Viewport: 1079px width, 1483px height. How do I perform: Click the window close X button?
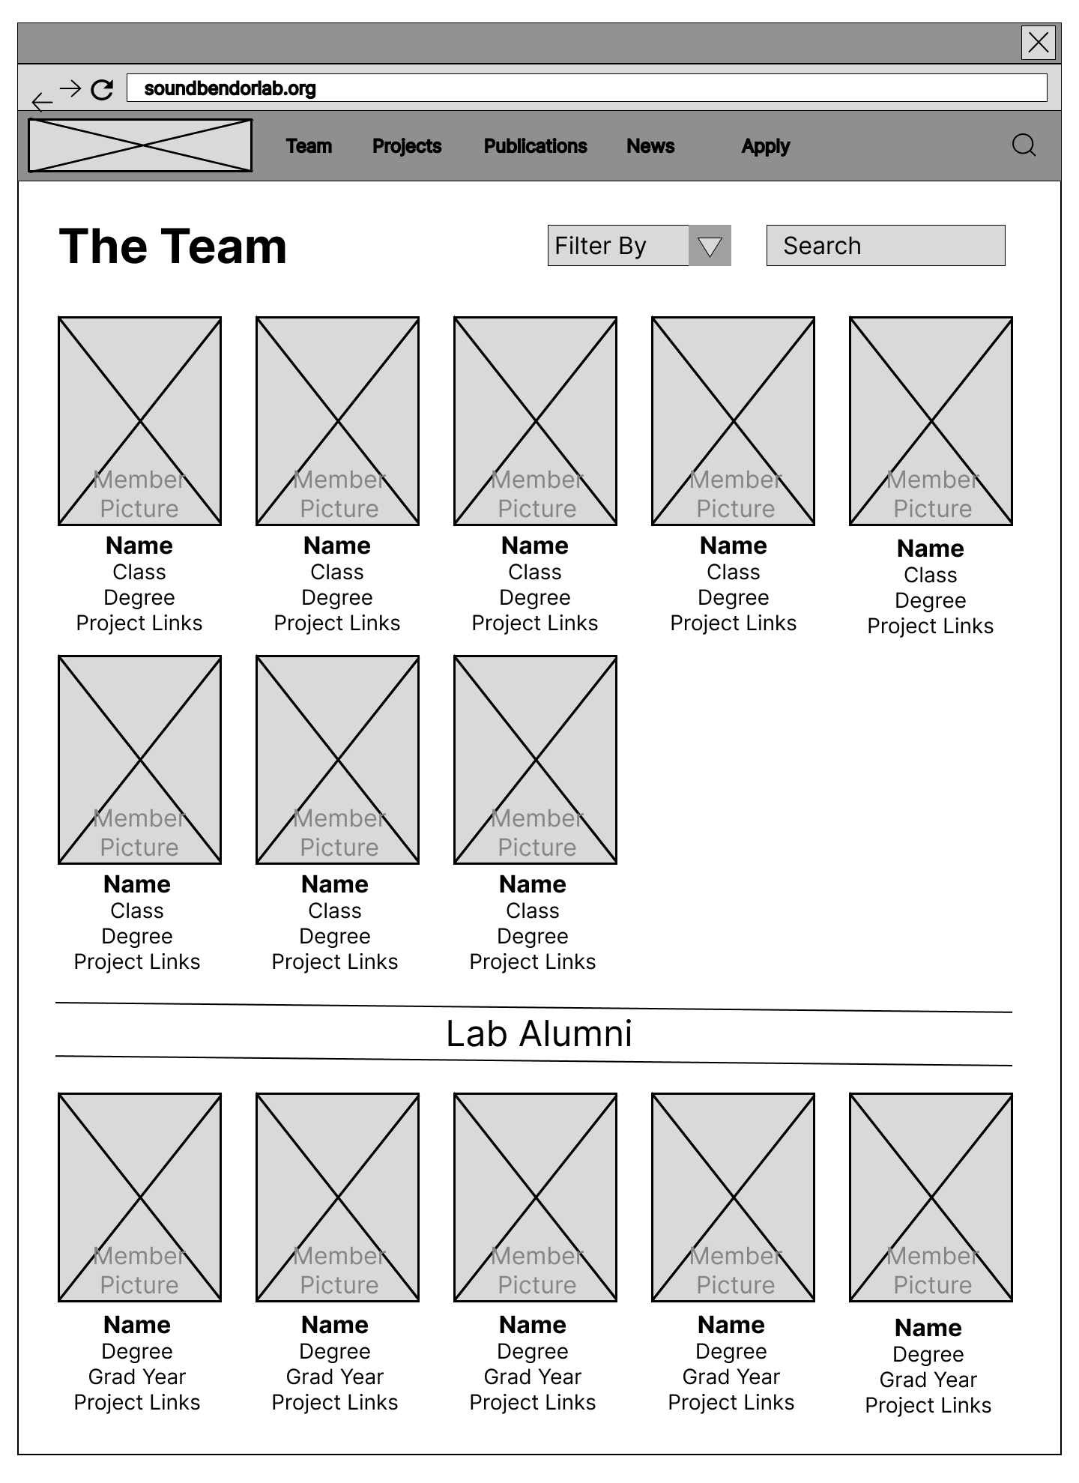(1039, 42)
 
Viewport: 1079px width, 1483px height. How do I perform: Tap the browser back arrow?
(43, 101)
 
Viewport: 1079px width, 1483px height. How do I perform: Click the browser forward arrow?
(70, 88)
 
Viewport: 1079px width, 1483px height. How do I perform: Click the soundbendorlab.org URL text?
(230, 88)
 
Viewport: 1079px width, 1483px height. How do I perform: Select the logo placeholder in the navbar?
(140, 145)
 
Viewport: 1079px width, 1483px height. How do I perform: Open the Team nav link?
(309, 146)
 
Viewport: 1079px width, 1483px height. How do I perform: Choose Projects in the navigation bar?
(407, 146)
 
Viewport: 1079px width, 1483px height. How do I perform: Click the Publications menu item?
(536, 146)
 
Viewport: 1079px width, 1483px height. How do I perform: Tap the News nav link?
(650, 146)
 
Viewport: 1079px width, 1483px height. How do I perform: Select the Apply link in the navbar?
(766, 146)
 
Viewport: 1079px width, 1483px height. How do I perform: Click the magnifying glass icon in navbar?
(1024, 145)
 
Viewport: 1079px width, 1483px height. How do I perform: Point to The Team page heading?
(173, 247)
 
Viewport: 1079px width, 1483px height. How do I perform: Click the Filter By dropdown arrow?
(710, 246)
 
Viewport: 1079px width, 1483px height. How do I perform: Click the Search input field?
(886, 246)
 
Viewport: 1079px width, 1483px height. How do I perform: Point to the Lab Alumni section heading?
(539, 1034)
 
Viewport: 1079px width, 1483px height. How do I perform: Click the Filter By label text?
(600, 246)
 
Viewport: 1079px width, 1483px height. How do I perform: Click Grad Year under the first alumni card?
(137, 1377)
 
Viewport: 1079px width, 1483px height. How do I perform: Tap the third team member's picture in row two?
(535, 760)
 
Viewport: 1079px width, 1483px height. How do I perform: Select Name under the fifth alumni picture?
(928, 1328)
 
